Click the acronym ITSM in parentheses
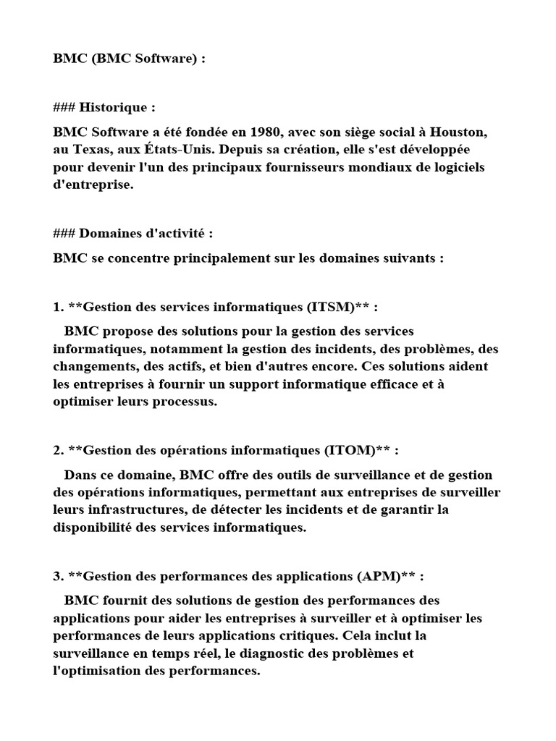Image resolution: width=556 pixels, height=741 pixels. coord(332,307)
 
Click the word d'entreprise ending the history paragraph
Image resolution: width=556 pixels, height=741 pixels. coord(93,185)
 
